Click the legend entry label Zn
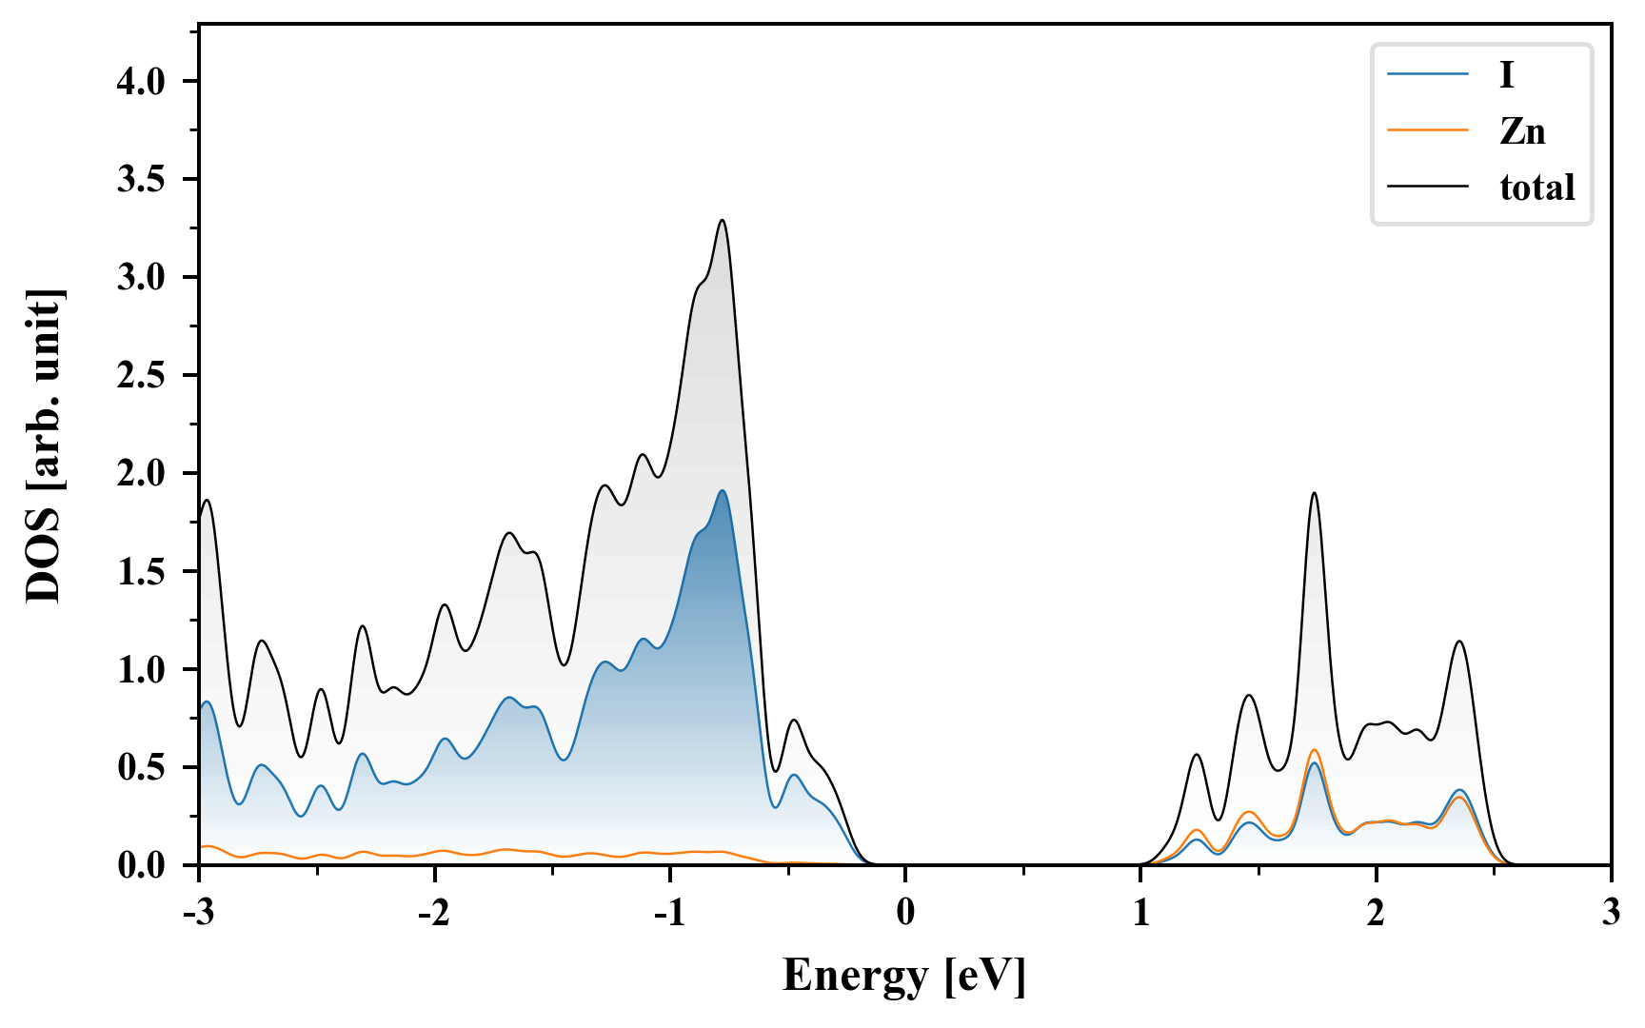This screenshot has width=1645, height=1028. (1522, 131)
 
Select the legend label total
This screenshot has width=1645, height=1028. (1536, 188)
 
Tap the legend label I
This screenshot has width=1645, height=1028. (1506, 75)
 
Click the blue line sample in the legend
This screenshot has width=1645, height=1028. (1427, 75)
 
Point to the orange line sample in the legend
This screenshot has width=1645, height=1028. (1427, 131)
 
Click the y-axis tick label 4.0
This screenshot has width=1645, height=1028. (141, 82)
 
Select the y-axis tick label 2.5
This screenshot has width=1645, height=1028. (141, 376)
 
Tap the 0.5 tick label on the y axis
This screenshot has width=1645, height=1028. (141, 768)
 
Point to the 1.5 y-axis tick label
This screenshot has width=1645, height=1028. (141, 572)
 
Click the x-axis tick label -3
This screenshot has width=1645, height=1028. (198, 913)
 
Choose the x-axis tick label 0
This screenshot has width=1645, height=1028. (905, 913)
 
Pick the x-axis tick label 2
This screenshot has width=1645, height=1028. (1376, 913)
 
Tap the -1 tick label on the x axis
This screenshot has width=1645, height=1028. (669, 913)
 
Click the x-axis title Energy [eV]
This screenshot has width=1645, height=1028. (904, 976)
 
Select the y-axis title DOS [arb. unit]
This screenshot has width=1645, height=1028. (44, 445)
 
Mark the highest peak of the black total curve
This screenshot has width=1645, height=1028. (723, 221)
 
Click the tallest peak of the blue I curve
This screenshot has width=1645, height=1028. (723, 491)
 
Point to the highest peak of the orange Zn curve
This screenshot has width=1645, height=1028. (1314, 750)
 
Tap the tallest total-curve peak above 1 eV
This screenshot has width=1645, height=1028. (1314, 493)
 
